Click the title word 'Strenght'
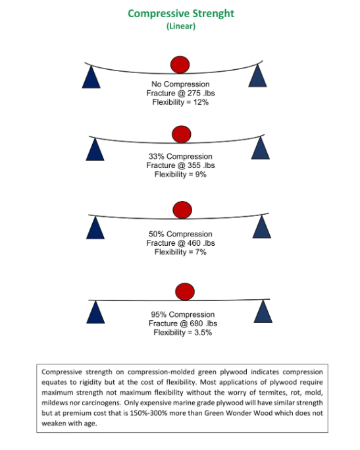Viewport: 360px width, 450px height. coord(213,14)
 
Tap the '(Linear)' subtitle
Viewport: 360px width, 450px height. coord(181,26)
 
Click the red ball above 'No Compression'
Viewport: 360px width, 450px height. coord(180,65)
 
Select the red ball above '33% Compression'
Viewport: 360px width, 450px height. coord(182,134)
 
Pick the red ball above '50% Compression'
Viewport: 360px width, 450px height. coord(182,210)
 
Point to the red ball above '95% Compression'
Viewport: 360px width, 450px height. coord(185,292)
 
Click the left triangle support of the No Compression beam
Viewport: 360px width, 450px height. coord(91,77)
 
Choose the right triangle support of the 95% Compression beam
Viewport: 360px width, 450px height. coord(263,312)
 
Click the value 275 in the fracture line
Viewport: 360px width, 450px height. coord(194,94)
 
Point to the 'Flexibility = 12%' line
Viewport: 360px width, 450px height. coord(180,102)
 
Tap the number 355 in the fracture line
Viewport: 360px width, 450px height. coord(194,165)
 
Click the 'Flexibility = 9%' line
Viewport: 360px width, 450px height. coord(180,174)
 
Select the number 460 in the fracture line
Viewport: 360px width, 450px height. coord(194,243)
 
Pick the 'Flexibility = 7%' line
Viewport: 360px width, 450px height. coord(180,252)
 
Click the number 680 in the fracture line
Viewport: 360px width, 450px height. coord(196,323)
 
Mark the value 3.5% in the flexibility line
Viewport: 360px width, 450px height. coord(203,333)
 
